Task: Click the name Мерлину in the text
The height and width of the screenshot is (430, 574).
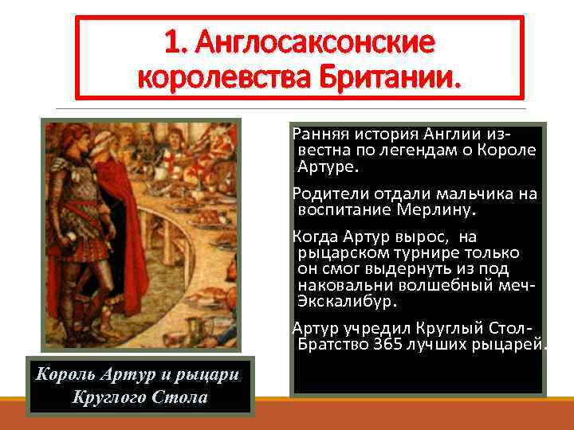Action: (434, 210)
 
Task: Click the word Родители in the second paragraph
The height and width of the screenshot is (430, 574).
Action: (329, 193)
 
